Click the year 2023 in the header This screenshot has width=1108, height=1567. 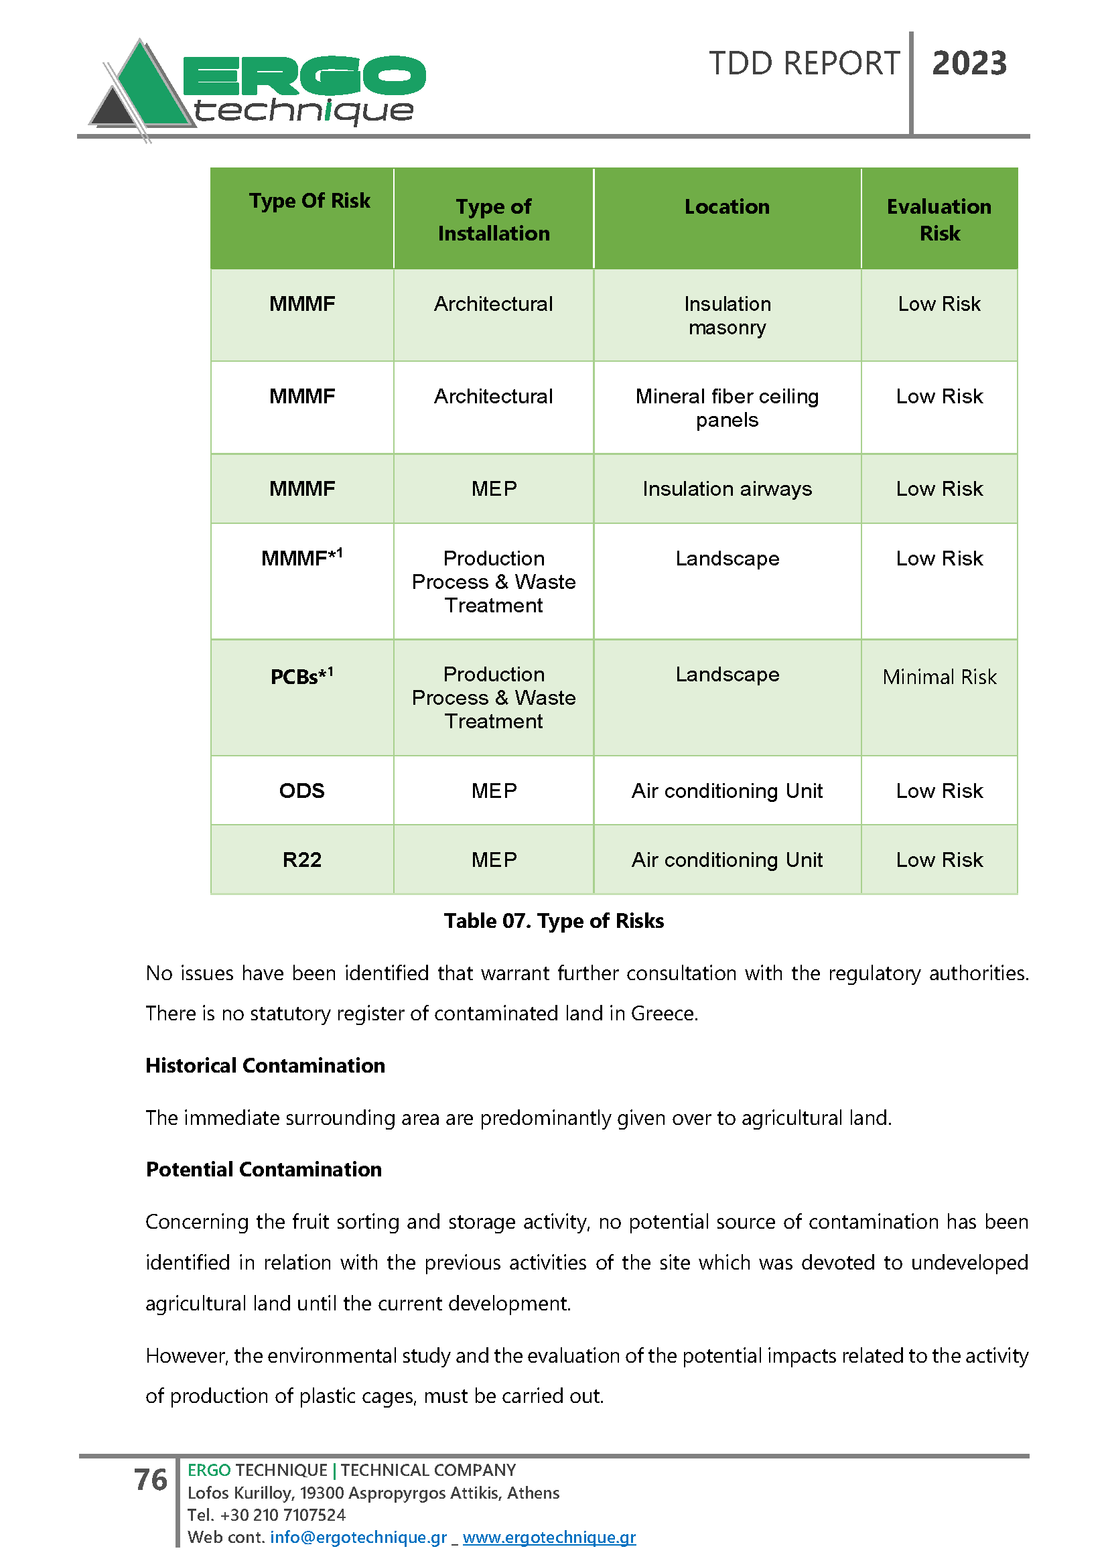(x=969, y=64)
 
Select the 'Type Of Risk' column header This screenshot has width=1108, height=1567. (x=309, y=201)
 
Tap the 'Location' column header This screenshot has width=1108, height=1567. (x=727, y=207)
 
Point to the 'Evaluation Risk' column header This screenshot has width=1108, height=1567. (x=939, y=220)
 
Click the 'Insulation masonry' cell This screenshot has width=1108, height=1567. (x=727, y=316)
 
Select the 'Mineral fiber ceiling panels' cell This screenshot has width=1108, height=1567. (x=727, y=408)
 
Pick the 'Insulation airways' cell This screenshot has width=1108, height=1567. (x=727, y=488)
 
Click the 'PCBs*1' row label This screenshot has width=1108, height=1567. (x=301, y=677)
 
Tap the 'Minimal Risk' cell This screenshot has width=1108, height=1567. (x=939, y=677)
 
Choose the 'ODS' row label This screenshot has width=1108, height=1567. (x=301, y=791)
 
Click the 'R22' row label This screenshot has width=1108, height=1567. (x=301, y=860)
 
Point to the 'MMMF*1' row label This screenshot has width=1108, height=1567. (x=301, y=557)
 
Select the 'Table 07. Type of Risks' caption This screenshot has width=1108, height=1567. (x=553, y=921)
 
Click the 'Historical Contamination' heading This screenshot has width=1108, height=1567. (x=265, y=1065)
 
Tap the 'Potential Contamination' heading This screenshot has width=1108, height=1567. (x=263, y=1169)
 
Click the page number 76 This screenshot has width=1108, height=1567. (x=150, y=1480)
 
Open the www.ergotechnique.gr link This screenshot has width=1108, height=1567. (x=549, y=1537)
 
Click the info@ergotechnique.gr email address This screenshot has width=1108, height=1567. (x=358, y=1537)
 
